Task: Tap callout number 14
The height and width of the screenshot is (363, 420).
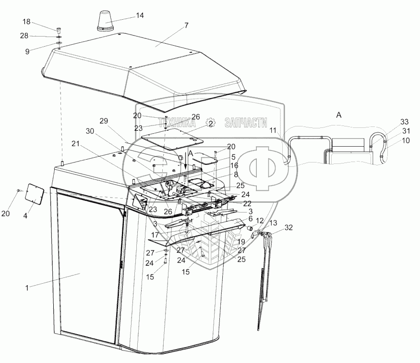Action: coord(140,15)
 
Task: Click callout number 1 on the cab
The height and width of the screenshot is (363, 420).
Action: coord(27,288)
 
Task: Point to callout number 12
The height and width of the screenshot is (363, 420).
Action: coord(259,220)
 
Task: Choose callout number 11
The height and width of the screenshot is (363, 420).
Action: coord(273,130)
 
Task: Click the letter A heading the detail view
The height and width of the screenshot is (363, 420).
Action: coord(339,115)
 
